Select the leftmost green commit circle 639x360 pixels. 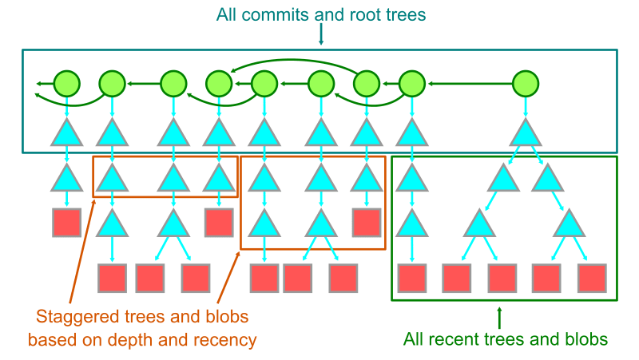click(67, 82)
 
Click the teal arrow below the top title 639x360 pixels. click(320, 34)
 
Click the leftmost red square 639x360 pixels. click(67, 222)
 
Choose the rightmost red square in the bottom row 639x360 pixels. click(593, 277)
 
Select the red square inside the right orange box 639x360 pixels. click(367, 222)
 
